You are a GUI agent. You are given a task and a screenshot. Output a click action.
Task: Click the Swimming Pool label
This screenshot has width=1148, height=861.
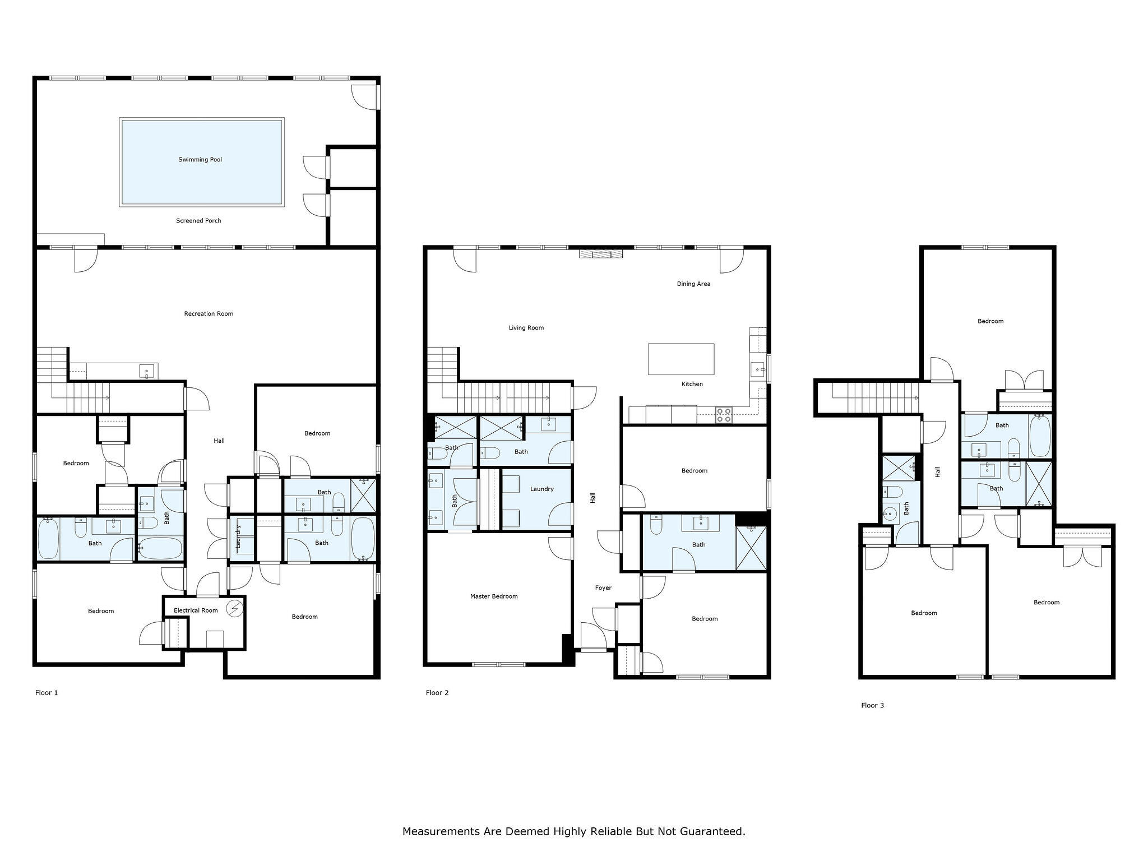tap(200, 160)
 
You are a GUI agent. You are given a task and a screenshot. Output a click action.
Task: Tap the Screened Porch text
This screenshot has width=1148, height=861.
tap(198, 221)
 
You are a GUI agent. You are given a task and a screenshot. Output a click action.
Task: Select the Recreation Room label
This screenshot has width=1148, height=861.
tap(209, 314)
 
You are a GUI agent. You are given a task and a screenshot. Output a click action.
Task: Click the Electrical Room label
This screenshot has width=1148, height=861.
tap(196, 610)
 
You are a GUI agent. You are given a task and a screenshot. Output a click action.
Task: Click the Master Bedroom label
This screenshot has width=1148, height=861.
tap(494, 596)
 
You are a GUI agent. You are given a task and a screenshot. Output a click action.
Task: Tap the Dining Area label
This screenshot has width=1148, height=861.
tap(693, 284)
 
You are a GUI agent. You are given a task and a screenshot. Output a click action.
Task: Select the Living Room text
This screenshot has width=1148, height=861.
tap(526, 328)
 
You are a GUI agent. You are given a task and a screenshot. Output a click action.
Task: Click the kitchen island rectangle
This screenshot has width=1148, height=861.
tap(681, 359)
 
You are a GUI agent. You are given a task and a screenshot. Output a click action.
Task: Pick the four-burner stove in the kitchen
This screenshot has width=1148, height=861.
tap(724, 415)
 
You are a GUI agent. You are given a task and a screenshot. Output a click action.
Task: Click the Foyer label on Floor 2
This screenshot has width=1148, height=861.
tap(603, 588)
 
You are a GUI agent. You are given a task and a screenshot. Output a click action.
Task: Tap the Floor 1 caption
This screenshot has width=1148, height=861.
tap(47, 693)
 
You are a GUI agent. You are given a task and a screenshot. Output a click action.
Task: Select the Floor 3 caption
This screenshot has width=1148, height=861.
tap(872, 706)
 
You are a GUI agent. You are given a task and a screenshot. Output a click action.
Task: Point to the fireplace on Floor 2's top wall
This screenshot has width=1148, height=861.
tap(601, 254)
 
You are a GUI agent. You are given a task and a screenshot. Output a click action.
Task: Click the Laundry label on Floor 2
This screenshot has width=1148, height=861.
tap(542, 489)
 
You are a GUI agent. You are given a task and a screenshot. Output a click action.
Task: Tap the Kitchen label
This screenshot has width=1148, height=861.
tap(692, 385)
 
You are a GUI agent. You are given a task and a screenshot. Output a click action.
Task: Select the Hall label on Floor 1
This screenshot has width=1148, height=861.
tap(219, 441)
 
